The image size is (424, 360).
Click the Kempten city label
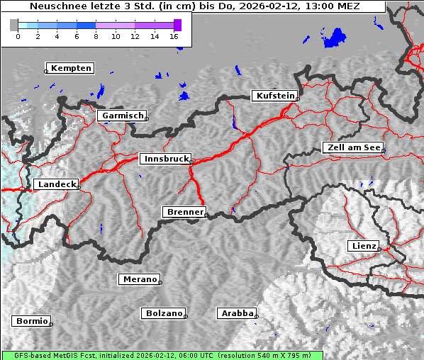(x=71, y=68)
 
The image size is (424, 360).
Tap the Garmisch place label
(x=123, y=116)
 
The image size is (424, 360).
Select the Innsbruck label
(x=165, y=159)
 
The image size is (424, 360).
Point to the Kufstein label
(x=274, y=96)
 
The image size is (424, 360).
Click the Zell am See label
(x=353, y=147)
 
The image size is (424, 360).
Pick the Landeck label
(x=55, y=184)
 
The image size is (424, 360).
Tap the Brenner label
(x=184, y=212)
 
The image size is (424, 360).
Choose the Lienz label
(x=363, y=246)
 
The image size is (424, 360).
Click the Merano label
(x=139, y=279)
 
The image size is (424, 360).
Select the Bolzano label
(x=164, y=313)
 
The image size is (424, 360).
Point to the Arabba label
(x=236, y=313)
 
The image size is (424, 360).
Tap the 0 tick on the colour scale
(x=18, y=35)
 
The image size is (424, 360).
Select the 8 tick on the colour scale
(x=96, y=35)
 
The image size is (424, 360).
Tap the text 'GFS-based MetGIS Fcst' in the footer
(x=54, y=355)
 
